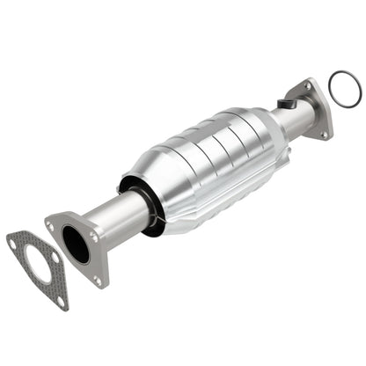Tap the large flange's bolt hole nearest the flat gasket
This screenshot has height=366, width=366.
(52, 226)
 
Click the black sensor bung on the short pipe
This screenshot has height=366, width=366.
(284, 104)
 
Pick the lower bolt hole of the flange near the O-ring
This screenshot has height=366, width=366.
(323, 133)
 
